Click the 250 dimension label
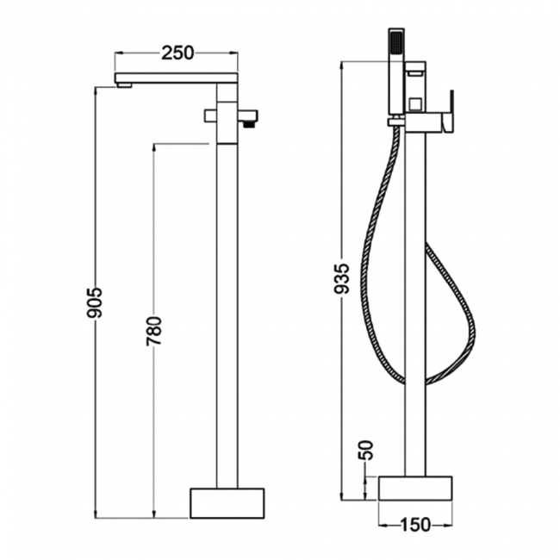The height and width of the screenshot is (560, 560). click(x=177, y=53)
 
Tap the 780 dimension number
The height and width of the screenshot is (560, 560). click(x=154, y=330)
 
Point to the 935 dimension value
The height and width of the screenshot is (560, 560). click(x=341, y=280)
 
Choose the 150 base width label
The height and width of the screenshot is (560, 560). click(x=414, y=523)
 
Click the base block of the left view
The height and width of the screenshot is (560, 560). click(x=227, y=502)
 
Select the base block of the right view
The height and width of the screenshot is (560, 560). click(x=415, y=487)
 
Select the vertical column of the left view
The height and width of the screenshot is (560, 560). click(x=227, y=302)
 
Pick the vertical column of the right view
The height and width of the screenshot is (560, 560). click(x=415, y=302)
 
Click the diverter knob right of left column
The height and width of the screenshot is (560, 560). click(x=249, y=115)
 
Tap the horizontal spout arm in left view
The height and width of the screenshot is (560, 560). click(x=177, y=78)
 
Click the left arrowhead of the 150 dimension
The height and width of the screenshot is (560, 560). click(x=383, y=523)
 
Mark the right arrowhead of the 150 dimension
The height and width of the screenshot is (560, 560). click(x=447, y=523)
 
